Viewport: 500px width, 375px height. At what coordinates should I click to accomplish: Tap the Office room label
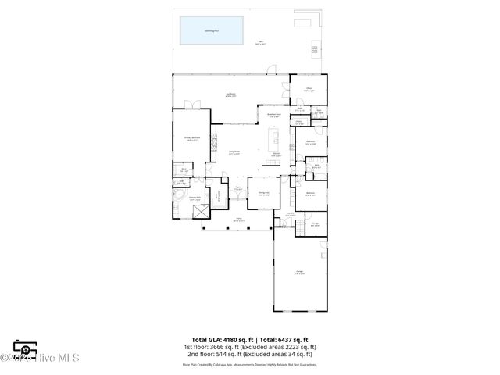308,91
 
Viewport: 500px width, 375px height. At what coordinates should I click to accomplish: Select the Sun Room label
230,95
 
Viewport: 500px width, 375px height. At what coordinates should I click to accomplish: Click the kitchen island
276,141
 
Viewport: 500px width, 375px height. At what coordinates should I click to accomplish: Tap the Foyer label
237,188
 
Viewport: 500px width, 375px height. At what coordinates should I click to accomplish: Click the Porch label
240,220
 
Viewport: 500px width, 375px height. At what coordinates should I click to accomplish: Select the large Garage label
299,273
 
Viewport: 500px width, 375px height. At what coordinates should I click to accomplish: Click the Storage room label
315,223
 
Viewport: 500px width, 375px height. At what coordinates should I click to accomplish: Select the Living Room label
234,153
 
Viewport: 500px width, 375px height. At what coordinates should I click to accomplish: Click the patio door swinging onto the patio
270,70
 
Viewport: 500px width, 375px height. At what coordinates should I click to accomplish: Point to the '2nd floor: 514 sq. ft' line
249,355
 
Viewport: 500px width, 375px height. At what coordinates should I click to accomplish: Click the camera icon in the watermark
25,350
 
